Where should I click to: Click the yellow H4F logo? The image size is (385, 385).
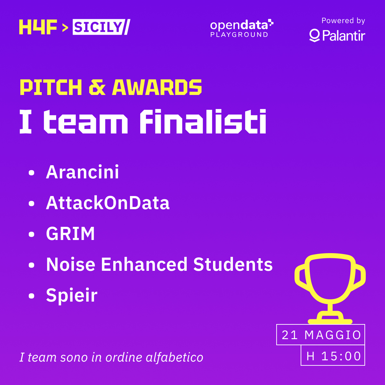(38, 27)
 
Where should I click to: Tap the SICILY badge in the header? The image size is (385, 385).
(98, 27)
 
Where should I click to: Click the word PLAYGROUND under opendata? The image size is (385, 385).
(239, 35)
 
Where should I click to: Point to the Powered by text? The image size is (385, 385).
(343, 21)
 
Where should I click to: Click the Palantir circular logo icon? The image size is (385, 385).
(314, 36)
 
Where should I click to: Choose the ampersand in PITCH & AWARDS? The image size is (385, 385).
(97, 87)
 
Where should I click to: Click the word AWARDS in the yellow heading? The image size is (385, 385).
(157, 87)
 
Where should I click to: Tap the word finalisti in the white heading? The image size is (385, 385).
(203, 121)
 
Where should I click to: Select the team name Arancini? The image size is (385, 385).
(82, 172)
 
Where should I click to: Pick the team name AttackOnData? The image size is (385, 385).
(108, 203)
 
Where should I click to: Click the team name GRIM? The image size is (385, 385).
(70, 234)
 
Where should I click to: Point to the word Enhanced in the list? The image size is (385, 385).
(144, 264)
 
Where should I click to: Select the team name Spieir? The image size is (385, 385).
(72, 295)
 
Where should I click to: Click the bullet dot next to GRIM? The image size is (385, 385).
(31, 234)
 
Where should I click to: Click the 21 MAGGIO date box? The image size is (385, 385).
(321, 335)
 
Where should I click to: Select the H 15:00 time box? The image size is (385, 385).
(333, 355)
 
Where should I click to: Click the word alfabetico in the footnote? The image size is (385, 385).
(175, 357)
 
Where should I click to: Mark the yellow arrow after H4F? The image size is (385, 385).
(65, 28)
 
